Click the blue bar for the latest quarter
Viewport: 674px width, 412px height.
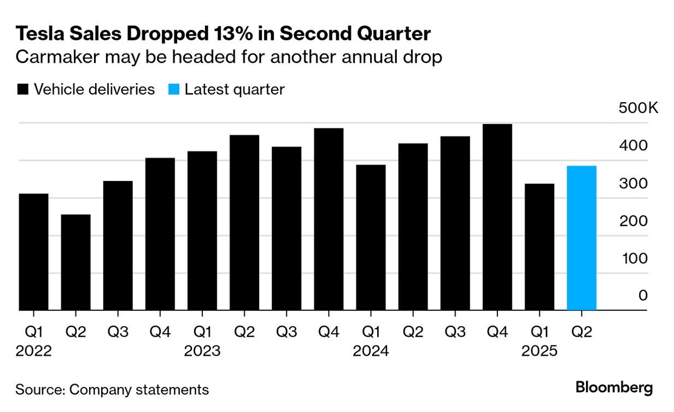(581, 238)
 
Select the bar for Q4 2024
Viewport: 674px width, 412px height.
(497, 217)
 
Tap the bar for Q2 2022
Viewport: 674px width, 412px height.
(75, 262)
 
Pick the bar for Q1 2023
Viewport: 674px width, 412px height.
(202, 231)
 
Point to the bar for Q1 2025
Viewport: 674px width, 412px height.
(539, 247)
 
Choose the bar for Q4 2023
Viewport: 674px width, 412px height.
(329, 219)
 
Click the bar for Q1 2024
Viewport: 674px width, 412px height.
(371, 238)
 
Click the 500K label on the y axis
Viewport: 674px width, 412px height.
(638, 108)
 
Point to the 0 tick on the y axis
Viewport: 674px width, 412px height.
(643, 296)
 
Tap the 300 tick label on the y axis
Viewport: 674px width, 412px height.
(634, 183)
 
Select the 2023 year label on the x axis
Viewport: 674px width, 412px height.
(202, 351)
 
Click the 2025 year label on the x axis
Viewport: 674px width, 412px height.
(539, 351)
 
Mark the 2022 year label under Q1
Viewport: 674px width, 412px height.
(33, 351)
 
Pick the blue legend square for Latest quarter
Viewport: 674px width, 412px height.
(174, 90)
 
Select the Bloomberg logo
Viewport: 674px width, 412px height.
(614, 388)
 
